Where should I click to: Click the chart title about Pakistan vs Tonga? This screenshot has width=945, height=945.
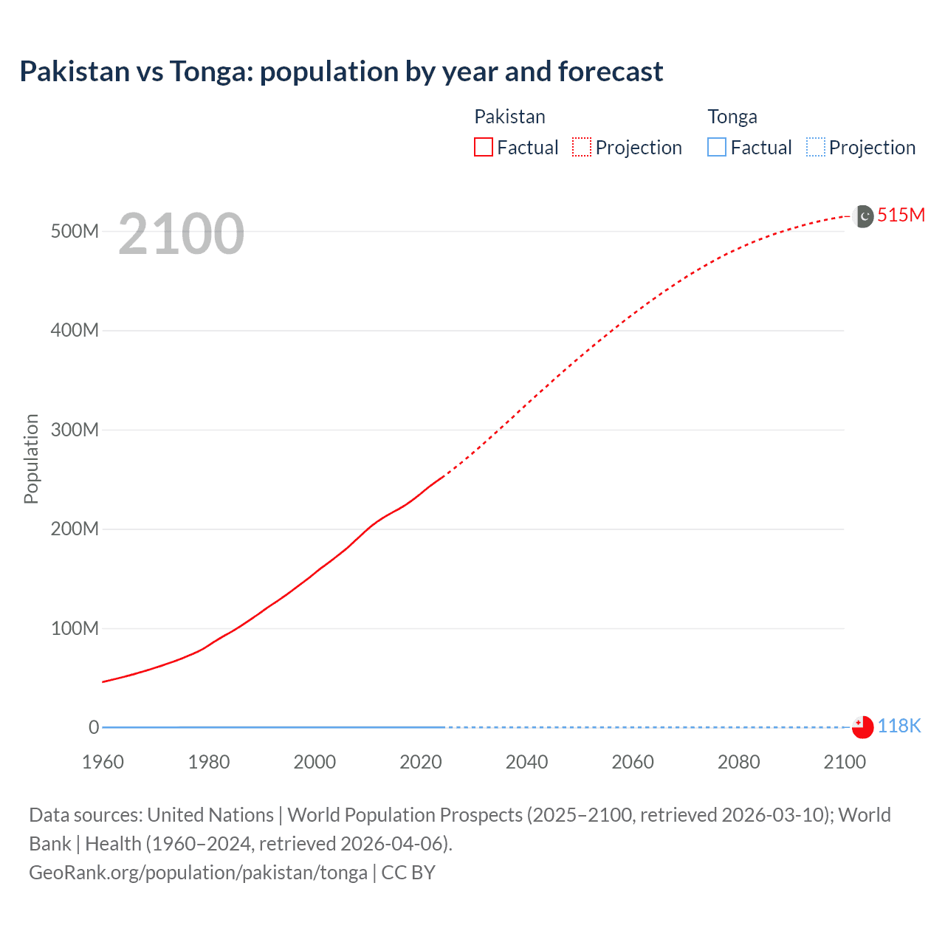coord(341,72)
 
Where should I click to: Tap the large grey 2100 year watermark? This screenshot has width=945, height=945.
coord(181,234)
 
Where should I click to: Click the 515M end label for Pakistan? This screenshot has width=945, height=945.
coord(901,215)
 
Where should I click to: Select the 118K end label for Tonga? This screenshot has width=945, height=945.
coord(898,726)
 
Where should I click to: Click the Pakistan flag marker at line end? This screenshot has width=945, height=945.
coord(862,216)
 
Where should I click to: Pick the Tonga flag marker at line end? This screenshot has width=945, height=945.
coord(862,727)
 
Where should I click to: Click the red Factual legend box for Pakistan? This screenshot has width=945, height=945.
coord(484,148)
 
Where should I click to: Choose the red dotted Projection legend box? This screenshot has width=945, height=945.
coord(582,148)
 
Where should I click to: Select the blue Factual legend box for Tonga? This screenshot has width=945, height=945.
coord(717,148)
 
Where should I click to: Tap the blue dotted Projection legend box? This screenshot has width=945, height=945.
coord(816,148)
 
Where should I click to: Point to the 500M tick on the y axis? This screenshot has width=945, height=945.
coord(75,231)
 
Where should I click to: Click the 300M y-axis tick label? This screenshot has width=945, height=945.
coord(75,430)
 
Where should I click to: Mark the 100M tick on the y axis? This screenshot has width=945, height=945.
coord(75,628)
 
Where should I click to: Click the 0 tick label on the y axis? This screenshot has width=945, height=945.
coord(94,727)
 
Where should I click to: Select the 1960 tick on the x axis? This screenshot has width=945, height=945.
coord(103,762)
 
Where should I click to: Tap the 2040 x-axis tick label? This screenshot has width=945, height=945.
coord(526,762)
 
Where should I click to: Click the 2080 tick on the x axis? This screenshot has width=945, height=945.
coord(738,762)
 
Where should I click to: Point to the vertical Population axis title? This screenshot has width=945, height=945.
coord(31,458)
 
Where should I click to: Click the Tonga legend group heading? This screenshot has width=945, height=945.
coord(732,117)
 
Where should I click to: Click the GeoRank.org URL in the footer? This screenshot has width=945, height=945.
coord(198,873)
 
